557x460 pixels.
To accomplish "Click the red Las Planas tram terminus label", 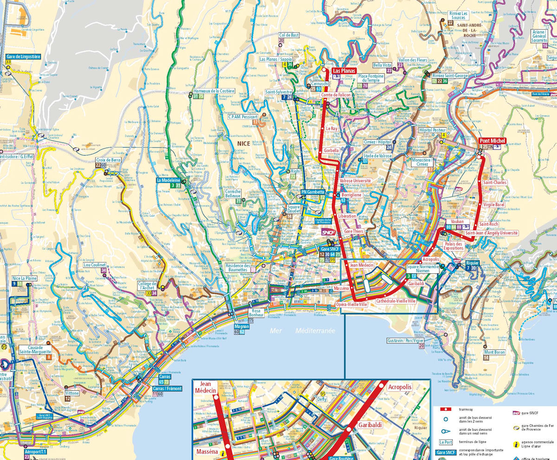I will tap(343, 71).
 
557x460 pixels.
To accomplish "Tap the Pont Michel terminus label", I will tap(491, 140).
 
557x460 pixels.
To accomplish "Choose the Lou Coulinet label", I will tap(95, 265).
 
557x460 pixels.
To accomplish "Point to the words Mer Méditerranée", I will tap(302, 330).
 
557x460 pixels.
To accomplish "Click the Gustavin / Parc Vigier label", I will tap(406, 340).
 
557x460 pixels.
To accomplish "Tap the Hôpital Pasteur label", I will tap(432, 130).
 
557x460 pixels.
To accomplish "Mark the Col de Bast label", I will tap(289, 35).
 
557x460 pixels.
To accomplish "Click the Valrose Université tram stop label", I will tap(356, 181).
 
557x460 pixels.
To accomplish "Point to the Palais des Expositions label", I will tap(453, 246).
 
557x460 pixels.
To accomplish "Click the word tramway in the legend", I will tap(466, 409).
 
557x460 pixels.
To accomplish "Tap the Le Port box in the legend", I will tap(445, 442).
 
